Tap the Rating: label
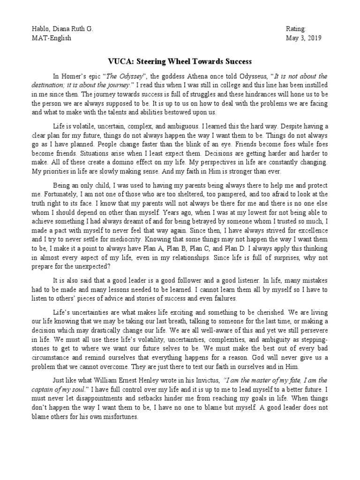(x=296, y=29)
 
